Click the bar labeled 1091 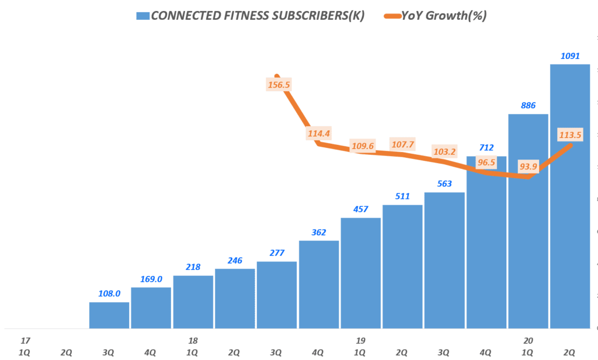point(570,196)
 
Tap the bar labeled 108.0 point(109,315)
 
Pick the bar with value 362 point(319,284)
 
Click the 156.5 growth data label point(279,85)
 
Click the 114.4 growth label point(319,133)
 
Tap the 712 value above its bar point(486,147)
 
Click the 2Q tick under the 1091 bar point(570,352)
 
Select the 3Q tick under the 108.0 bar point(109,352)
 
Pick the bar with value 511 point(402,266)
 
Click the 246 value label point(235,261)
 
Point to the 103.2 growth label point(445,151)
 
